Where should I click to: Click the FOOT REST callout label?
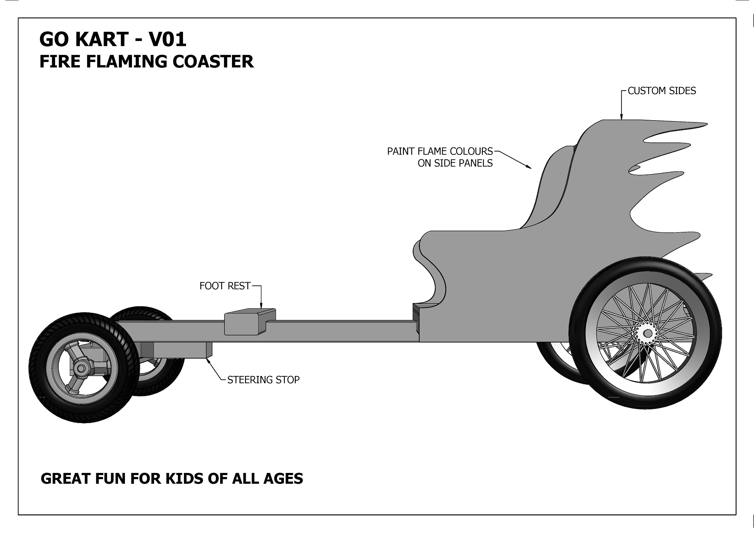pyautogui.click(x=225, y=286)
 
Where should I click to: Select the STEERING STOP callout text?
pyautogui.click(x=263, y=380)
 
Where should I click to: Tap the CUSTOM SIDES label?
pyautogui.click(x=662, y=91)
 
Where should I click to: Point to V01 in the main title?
pyautogui.click(x=167, y=39)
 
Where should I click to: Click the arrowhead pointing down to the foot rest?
pyautogui.click(x=261, y=306)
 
